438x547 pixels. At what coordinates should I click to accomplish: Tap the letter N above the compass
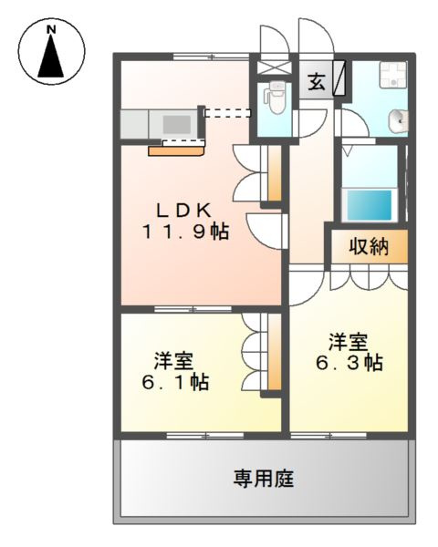click(52, 29)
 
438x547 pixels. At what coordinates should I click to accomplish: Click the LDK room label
click(179, 209)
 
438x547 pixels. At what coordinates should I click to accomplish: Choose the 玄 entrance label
click(315, 81)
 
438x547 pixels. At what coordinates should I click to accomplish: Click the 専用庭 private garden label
click(262, 478)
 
